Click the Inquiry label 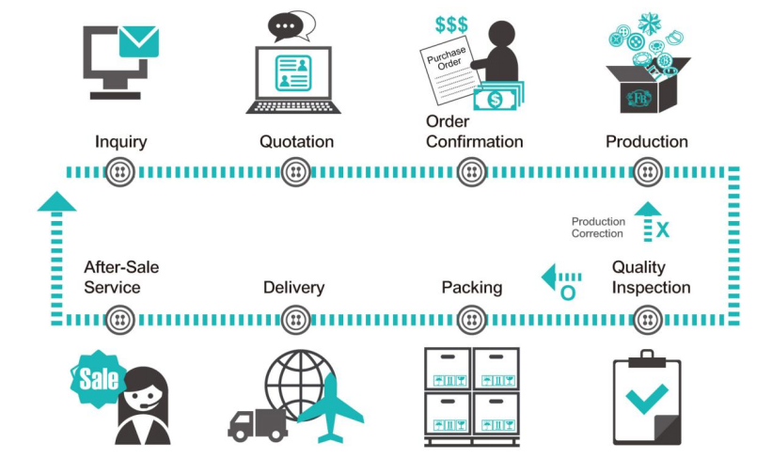click(120, 142)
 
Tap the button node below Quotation click(296, 172)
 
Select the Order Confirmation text click(474, 132)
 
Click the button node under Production click(647, 172)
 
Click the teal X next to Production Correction click(663, 229)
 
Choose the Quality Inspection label click(651, 277)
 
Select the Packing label click(471, 287)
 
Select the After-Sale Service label click(120, 277)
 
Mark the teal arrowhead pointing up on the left click(56, 199)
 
